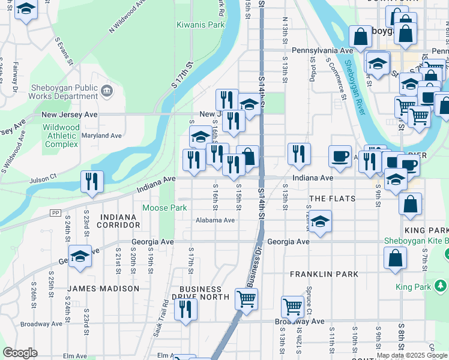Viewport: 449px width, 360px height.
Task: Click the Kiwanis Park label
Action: (200, 25)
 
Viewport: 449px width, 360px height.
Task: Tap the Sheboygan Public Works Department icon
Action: (107, 91)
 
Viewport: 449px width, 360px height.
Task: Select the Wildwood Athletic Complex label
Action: (61, 136)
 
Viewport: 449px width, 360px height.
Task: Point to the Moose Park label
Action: (164, 208)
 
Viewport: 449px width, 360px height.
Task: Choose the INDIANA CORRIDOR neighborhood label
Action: (120, 221)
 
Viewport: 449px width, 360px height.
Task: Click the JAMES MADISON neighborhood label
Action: (103, 289)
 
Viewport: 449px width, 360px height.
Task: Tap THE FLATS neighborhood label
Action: (332, 199)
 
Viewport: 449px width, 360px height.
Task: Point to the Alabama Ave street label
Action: (215, 220)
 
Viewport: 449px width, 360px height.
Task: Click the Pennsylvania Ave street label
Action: (322, 51)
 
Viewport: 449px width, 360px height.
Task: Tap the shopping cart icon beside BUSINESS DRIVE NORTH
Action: (247, 298)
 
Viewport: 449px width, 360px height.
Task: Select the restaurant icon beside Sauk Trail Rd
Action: (185, 309)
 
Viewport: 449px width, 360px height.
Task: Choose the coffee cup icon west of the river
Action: (340, 156)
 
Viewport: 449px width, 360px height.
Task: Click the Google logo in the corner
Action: (20, 353)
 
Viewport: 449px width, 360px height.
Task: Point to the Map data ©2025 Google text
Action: (412, 355)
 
